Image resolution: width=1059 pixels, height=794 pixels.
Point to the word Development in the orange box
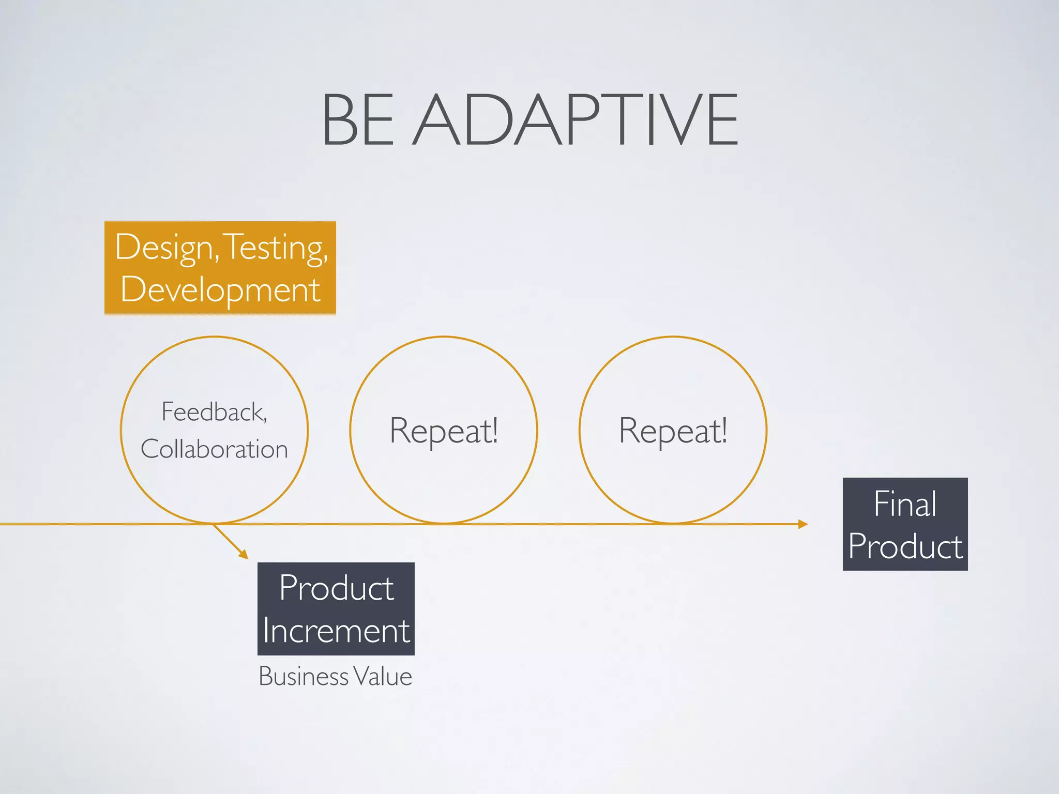tap(220, 290)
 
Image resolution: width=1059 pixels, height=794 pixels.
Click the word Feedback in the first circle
tap(212, 412)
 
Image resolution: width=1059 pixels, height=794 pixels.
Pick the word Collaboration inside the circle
tap(214, 449)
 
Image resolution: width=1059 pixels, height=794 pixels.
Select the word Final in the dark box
tap(905, 503)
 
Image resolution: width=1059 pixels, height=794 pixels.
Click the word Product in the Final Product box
tap(905, 546)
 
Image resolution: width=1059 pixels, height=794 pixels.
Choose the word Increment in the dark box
tap(336, 631)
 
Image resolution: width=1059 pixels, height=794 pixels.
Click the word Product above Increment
tap(336, 588)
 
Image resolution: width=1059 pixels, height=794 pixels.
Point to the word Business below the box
tap(304, 676)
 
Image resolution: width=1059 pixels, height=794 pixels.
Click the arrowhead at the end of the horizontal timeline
tap(803, 524)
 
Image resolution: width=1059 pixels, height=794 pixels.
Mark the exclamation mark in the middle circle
tap(494, 429)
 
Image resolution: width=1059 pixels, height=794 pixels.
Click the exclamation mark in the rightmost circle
tap(724, 429)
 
